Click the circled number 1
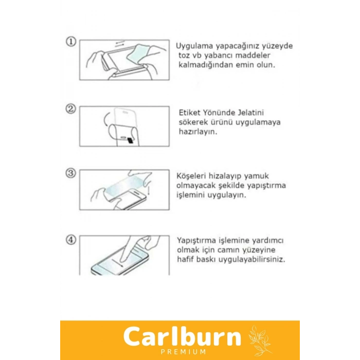pos(71,42)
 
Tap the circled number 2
pos(71,109)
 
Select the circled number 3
pos(71,173)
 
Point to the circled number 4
pos(71,240)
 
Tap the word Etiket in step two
pos(190,113)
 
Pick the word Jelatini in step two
pos(251,113)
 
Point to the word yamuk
pos(257,176)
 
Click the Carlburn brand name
pos(182,336)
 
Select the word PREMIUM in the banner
pos(183,352)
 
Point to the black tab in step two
pos(130,140)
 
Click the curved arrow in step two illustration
pos(105,119)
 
